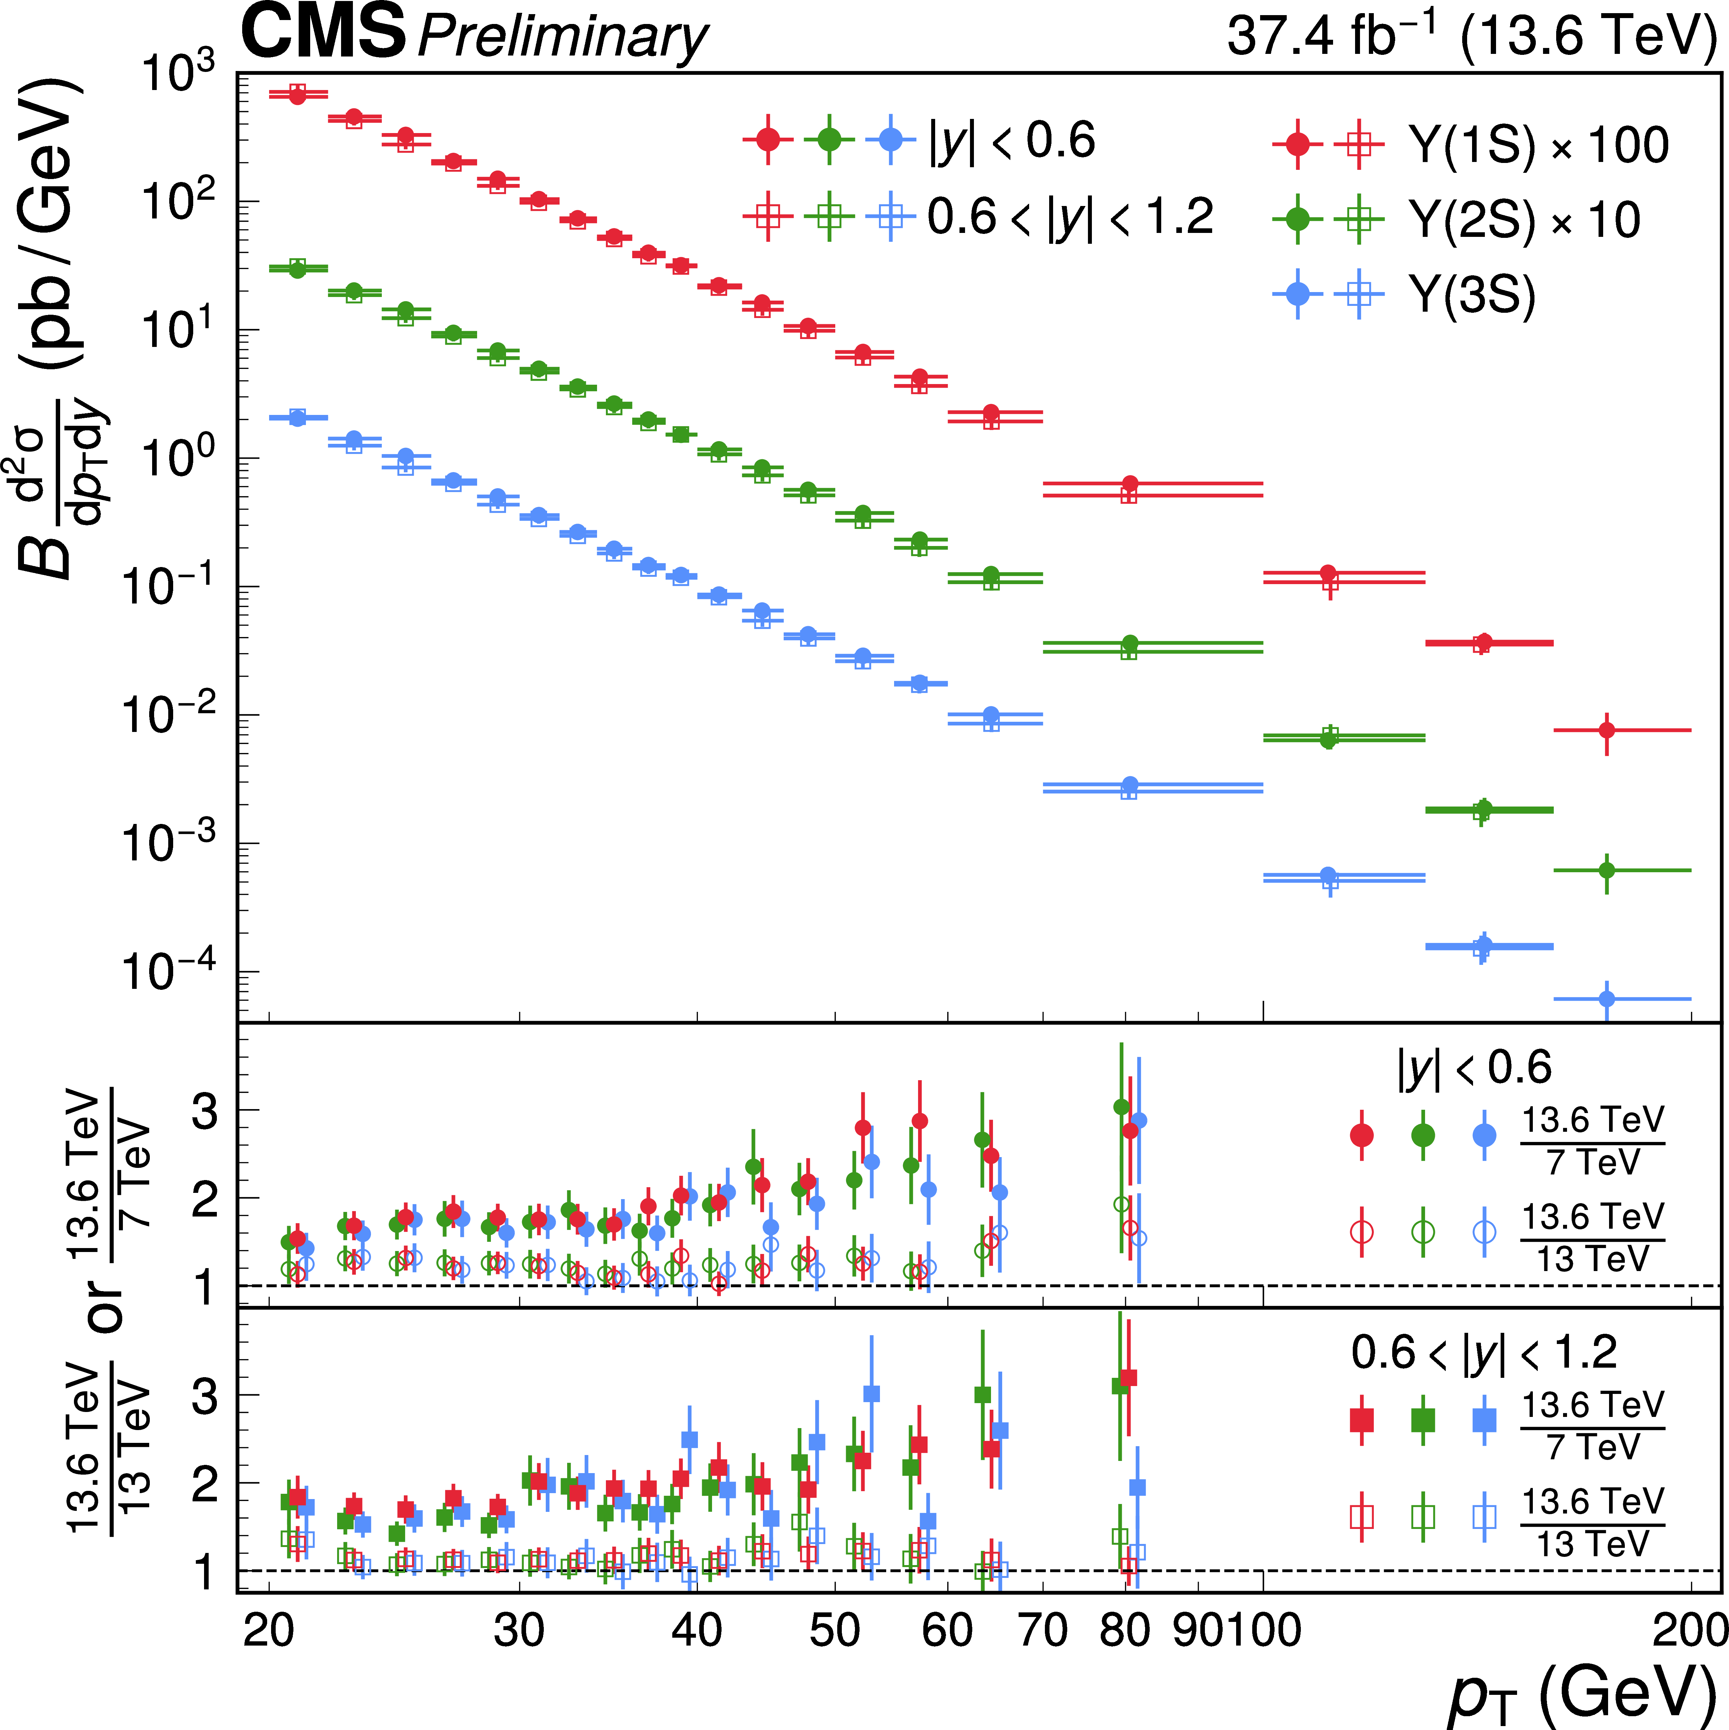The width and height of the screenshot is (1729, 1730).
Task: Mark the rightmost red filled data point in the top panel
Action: click(x=1607, y=730)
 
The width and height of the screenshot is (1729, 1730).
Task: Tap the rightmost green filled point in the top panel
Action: click(x=1607, y=870)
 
